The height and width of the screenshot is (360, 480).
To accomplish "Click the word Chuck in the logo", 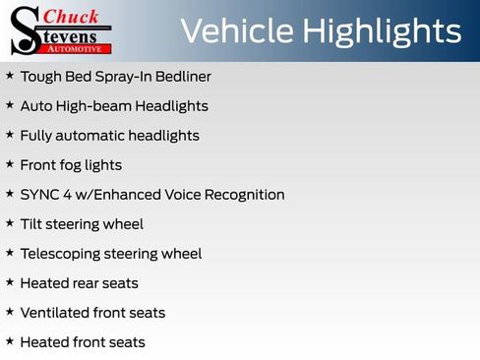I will (72, 17).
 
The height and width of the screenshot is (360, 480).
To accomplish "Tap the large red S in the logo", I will (24, 30).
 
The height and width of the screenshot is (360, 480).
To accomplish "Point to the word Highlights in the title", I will (382, 31).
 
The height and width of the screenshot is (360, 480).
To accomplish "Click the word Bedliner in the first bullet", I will (181, 77).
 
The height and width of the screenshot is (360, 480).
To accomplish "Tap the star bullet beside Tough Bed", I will (10, 76).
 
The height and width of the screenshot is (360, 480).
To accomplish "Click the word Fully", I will (36, 136).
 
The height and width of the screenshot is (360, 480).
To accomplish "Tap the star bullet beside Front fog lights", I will (10, 164).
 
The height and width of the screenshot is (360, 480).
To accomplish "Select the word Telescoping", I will (62, 254).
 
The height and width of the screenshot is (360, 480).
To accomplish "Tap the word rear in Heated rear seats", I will (86, 283).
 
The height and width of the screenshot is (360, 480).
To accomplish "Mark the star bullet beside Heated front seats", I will (10, 341).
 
